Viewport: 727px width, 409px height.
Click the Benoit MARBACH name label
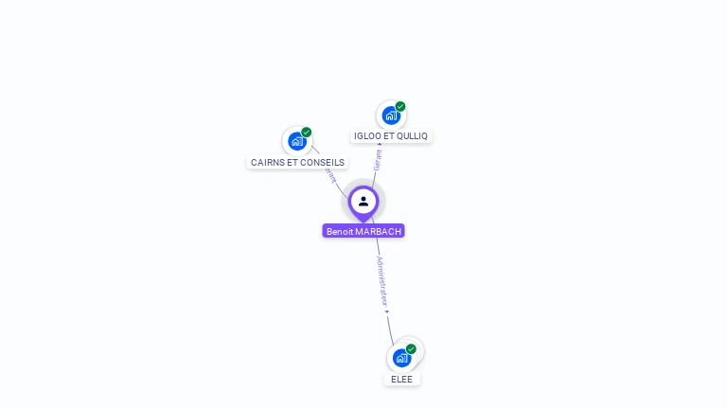coord(363,231)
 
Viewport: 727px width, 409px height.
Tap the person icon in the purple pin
coord(363,201)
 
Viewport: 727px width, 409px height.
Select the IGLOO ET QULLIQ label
coord(391,136)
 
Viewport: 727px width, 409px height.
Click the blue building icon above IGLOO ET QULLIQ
coord(390,116)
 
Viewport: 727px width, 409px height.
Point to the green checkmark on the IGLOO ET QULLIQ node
coord(400,107)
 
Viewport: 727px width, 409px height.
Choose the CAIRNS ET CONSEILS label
coord(297,163)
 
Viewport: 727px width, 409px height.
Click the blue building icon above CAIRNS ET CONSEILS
coord(297,142)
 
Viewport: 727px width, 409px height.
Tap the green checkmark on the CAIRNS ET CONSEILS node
coord(307,133)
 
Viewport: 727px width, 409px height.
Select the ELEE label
coord(402,379)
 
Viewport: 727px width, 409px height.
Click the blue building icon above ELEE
coord(401,358)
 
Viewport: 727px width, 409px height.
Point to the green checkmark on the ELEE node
coord(411,349)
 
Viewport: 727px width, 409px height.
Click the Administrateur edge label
coord(381,280)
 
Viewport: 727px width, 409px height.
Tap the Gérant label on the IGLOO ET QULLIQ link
coord(377,159)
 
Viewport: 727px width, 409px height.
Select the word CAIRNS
coord(267,163)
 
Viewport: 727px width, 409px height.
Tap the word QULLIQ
coord(411,136)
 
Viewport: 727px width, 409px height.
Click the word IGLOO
coord(367,136)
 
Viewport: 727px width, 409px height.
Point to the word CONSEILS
coord(322,163)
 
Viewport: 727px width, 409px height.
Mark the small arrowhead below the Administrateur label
coord(387,311)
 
